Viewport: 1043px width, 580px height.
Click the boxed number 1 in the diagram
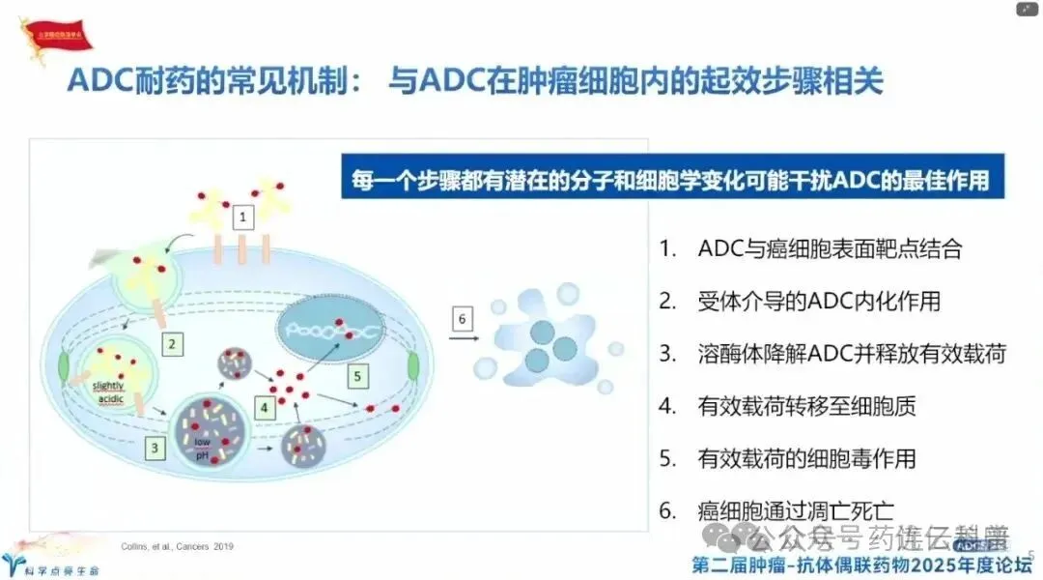click(x=243, y=217)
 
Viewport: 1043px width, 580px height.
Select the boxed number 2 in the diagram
click(x=171, y=342)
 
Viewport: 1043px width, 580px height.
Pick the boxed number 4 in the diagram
click(x=265, y=409)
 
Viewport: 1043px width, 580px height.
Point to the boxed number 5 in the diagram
click(x=358, y=374)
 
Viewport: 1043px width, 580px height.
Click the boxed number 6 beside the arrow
click(x=463, y=318)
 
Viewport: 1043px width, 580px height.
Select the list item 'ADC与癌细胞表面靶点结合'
click(x=829, y=247)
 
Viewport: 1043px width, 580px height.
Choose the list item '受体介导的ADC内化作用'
click(x=818, y=301)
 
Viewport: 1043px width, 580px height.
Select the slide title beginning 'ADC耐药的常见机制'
click(x=474, y=81)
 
